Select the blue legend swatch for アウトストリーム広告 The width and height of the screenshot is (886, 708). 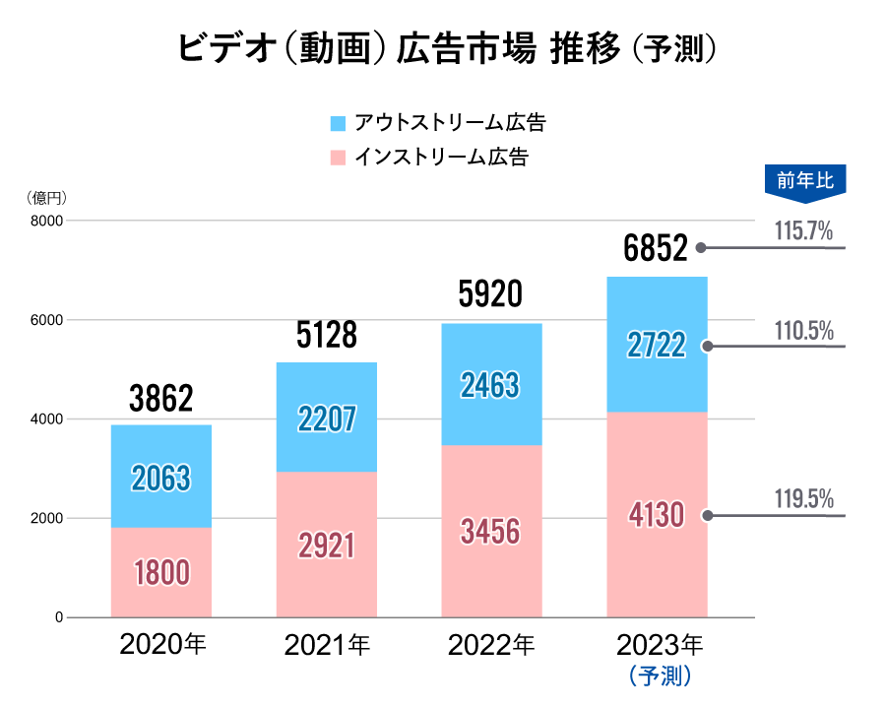point(338,123)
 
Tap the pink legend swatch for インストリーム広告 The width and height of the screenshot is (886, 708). point(338,156)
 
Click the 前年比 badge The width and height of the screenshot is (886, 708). point(804,181)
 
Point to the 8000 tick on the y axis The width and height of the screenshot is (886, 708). point(45,221)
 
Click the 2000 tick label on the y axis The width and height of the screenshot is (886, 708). point(45,518)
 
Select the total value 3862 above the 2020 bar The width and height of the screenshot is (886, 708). point(160,399)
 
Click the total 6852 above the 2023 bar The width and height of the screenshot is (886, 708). point(655,250)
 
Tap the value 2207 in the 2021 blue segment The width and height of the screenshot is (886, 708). point(326,419)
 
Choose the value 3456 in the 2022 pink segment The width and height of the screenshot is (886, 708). point(490,532)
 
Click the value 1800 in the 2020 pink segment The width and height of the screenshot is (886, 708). point(160,572)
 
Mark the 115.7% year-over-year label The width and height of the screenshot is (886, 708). point(803,232)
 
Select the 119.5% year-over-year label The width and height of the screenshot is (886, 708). point(803,498)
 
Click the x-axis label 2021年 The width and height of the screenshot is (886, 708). point(327,646)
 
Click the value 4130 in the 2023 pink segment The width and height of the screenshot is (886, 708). point(655,515)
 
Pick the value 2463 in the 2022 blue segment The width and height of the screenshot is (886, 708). point(490,385)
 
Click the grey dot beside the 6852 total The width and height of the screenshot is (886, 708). point(701,248)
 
